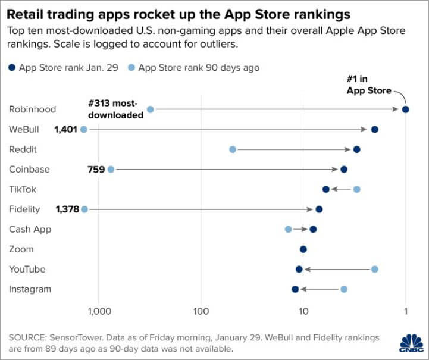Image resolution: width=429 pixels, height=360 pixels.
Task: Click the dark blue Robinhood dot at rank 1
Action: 406,109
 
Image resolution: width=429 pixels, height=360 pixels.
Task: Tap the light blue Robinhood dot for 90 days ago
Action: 151,109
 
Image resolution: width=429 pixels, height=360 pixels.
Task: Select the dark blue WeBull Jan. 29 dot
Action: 375,129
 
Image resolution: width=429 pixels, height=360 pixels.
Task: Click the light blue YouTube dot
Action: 375,269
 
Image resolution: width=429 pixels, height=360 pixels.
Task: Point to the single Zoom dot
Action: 303,249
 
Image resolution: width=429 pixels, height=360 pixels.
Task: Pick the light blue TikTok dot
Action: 356,189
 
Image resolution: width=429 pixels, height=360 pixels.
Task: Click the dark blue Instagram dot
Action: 295,289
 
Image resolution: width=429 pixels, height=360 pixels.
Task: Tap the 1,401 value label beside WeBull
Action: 65,129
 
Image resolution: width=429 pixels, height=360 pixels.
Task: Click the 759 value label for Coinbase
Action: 96,169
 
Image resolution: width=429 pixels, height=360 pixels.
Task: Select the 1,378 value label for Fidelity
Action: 67,209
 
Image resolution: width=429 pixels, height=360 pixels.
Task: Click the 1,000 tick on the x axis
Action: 99,311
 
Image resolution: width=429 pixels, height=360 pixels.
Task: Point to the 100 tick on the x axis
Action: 201,311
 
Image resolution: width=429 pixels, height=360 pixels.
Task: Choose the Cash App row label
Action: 30,229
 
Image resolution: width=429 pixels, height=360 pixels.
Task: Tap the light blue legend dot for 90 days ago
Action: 131,68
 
